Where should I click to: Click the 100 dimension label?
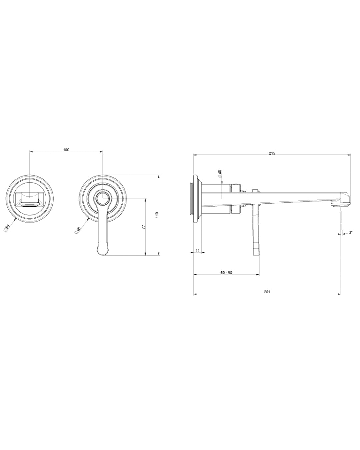pos(66,150)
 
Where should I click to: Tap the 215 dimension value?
pos(272,153)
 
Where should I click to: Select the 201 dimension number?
pos(267,292)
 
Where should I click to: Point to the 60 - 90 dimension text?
pos(226,273)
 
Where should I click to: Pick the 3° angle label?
pos(351,232)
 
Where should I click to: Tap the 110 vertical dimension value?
pos(157,215)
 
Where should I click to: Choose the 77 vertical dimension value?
pos(143,227)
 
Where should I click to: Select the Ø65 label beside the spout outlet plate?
pos(6,228)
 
